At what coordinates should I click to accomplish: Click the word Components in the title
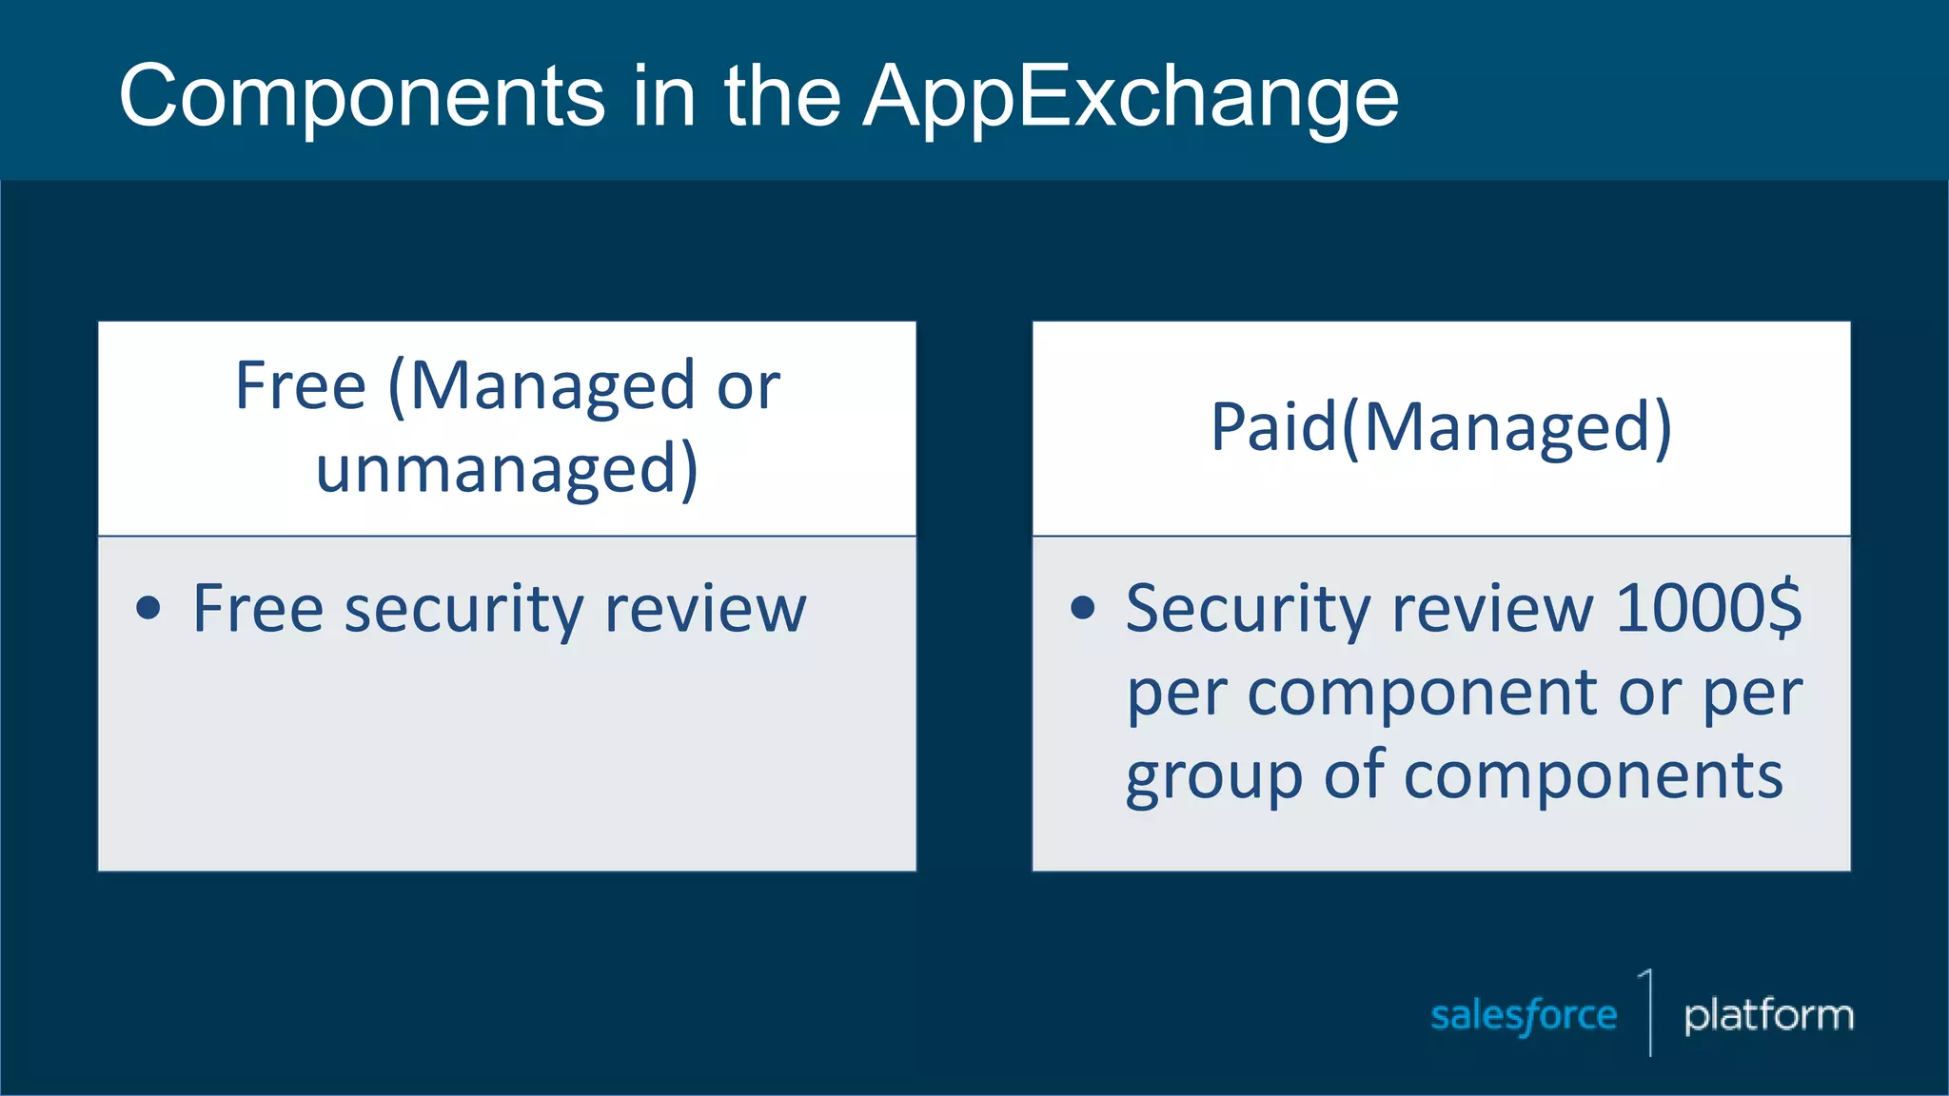[x=362, y=97]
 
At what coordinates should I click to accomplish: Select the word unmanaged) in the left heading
[x=506, y=469]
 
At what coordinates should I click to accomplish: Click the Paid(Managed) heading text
[x=1441, y=427]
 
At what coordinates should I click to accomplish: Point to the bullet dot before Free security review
[x=148, y=608]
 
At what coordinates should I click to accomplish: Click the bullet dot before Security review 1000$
[x=1083, y=607]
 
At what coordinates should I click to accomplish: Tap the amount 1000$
[x=1708, y=607]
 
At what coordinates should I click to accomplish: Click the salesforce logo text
[x=1524, y=1015]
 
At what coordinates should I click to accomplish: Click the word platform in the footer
[x=1768, y=1015]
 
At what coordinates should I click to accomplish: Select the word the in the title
[x=782, y=97]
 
